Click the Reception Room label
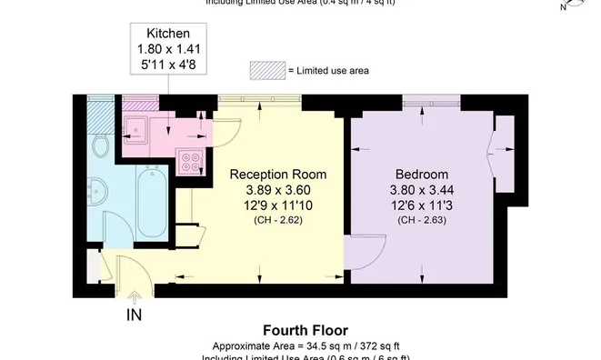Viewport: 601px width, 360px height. click(277, 175)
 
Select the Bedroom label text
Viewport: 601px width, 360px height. click(422, 175)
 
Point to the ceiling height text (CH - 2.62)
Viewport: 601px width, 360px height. click(277, 220)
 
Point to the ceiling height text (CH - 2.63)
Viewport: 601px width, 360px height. click(422, 220)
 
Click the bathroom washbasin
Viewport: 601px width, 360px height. click(101, 190)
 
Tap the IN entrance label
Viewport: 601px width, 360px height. click(135, 315)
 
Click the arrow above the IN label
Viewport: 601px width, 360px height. click(135, 296)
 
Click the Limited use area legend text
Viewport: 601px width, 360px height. click(328, 71)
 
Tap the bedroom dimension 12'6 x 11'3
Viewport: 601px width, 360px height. click(422, 205)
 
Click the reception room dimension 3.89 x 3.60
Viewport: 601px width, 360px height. click(277, 190)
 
